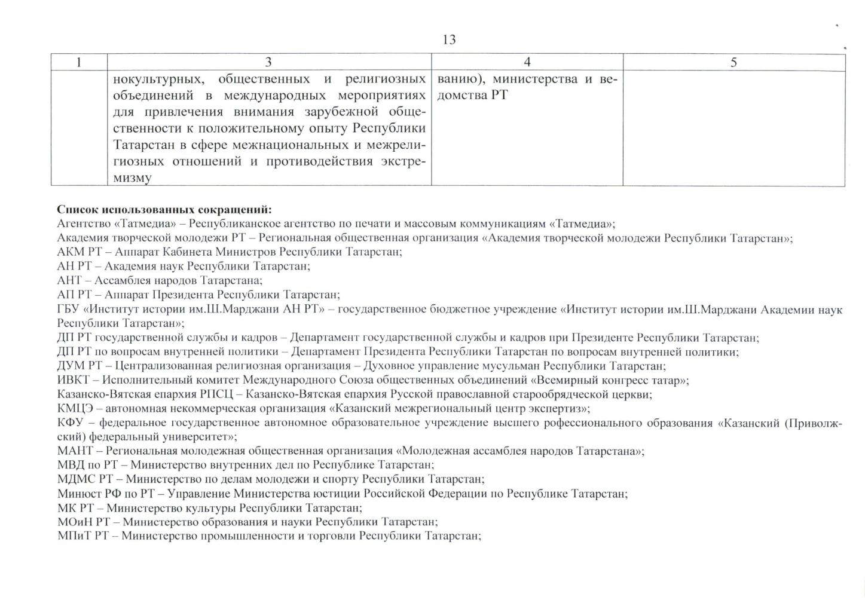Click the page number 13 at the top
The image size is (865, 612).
pos(449,40)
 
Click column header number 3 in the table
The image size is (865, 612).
pos(268,62)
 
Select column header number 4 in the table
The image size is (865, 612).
pos(527,62)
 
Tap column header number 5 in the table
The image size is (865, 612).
pos(733,62)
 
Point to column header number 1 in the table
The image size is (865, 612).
pos(78,62)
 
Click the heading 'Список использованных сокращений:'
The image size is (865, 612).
pos(164,210)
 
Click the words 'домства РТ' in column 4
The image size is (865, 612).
pos(472,96)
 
